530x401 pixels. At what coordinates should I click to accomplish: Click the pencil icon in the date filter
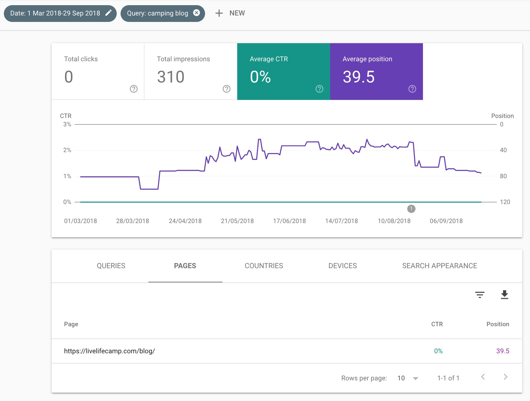tap(109, 13)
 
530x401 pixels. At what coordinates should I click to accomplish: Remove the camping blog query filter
tap(196, 13)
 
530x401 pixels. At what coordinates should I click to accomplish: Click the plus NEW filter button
tap(230, 13)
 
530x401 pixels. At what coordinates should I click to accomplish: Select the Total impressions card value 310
tap(171, 77)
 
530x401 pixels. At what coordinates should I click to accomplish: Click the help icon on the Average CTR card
tap(319, 89)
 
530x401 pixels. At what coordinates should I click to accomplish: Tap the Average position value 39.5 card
tap(358, 77)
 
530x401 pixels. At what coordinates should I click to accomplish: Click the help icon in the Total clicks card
tap(133, 89)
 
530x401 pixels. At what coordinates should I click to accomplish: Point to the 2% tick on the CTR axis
tap(67, 150)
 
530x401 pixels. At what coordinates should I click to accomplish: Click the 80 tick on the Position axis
tap(503, 176)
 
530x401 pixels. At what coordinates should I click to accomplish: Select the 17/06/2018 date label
tap(289, 221)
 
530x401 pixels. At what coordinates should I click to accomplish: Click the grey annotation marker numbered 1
tap(411, 209)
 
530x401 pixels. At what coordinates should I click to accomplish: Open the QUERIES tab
tap(111, 266)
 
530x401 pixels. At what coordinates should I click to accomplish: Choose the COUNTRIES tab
tap(264, 266)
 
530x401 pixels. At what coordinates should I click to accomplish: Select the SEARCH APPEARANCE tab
tap(439, 266)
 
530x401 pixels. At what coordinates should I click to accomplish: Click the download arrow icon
tap(504, 295)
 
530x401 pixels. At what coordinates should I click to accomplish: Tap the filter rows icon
tap(480, 295)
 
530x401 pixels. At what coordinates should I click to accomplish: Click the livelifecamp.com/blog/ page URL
tap(109, 351)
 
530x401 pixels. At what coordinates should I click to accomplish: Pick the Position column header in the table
tap(497, 324)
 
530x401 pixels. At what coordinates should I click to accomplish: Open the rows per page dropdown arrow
tap(416, 378)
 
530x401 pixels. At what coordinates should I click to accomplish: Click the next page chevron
tap(505, 377)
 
